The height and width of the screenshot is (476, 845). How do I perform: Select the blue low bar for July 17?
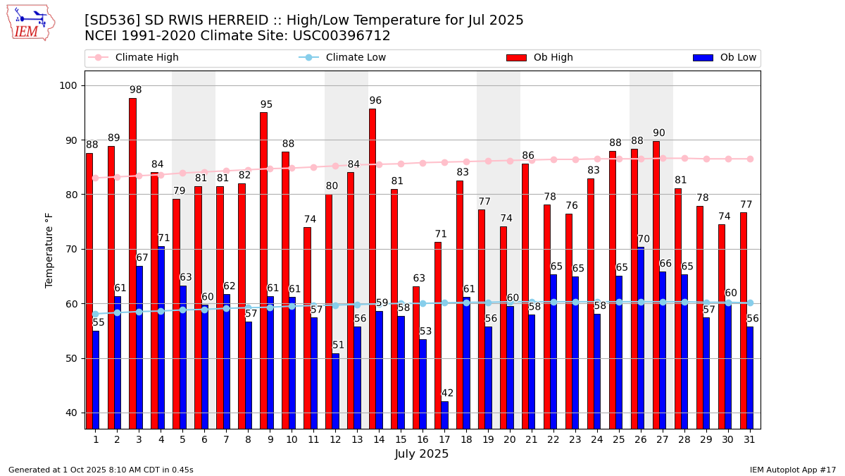[444, 415]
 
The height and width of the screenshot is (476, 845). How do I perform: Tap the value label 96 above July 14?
[375, 101]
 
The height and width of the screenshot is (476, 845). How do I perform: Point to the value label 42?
[447, 393]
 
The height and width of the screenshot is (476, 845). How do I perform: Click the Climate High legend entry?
[146, 58]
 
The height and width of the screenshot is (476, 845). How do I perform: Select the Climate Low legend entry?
[356, 58]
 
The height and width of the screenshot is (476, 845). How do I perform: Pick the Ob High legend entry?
[553, 58]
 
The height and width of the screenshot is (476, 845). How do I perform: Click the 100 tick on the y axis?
[70, 85]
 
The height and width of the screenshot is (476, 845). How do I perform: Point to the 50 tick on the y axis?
[73, 358]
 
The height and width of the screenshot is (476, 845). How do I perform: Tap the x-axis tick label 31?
[749, 439]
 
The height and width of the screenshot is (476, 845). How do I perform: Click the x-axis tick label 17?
[444, 439]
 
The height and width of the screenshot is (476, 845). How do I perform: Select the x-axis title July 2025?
[422, 454]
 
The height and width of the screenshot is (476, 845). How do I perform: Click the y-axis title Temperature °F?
[49, 250]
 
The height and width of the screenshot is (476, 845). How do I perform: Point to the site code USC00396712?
[343, 36]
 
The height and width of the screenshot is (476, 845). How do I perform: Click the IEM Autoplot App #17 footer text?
[792, 470]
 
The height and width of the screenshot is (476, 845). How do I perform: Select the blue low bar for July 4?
[161, 337]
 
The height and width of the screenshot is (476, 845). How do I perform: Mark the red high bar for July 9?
[263, 270]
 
